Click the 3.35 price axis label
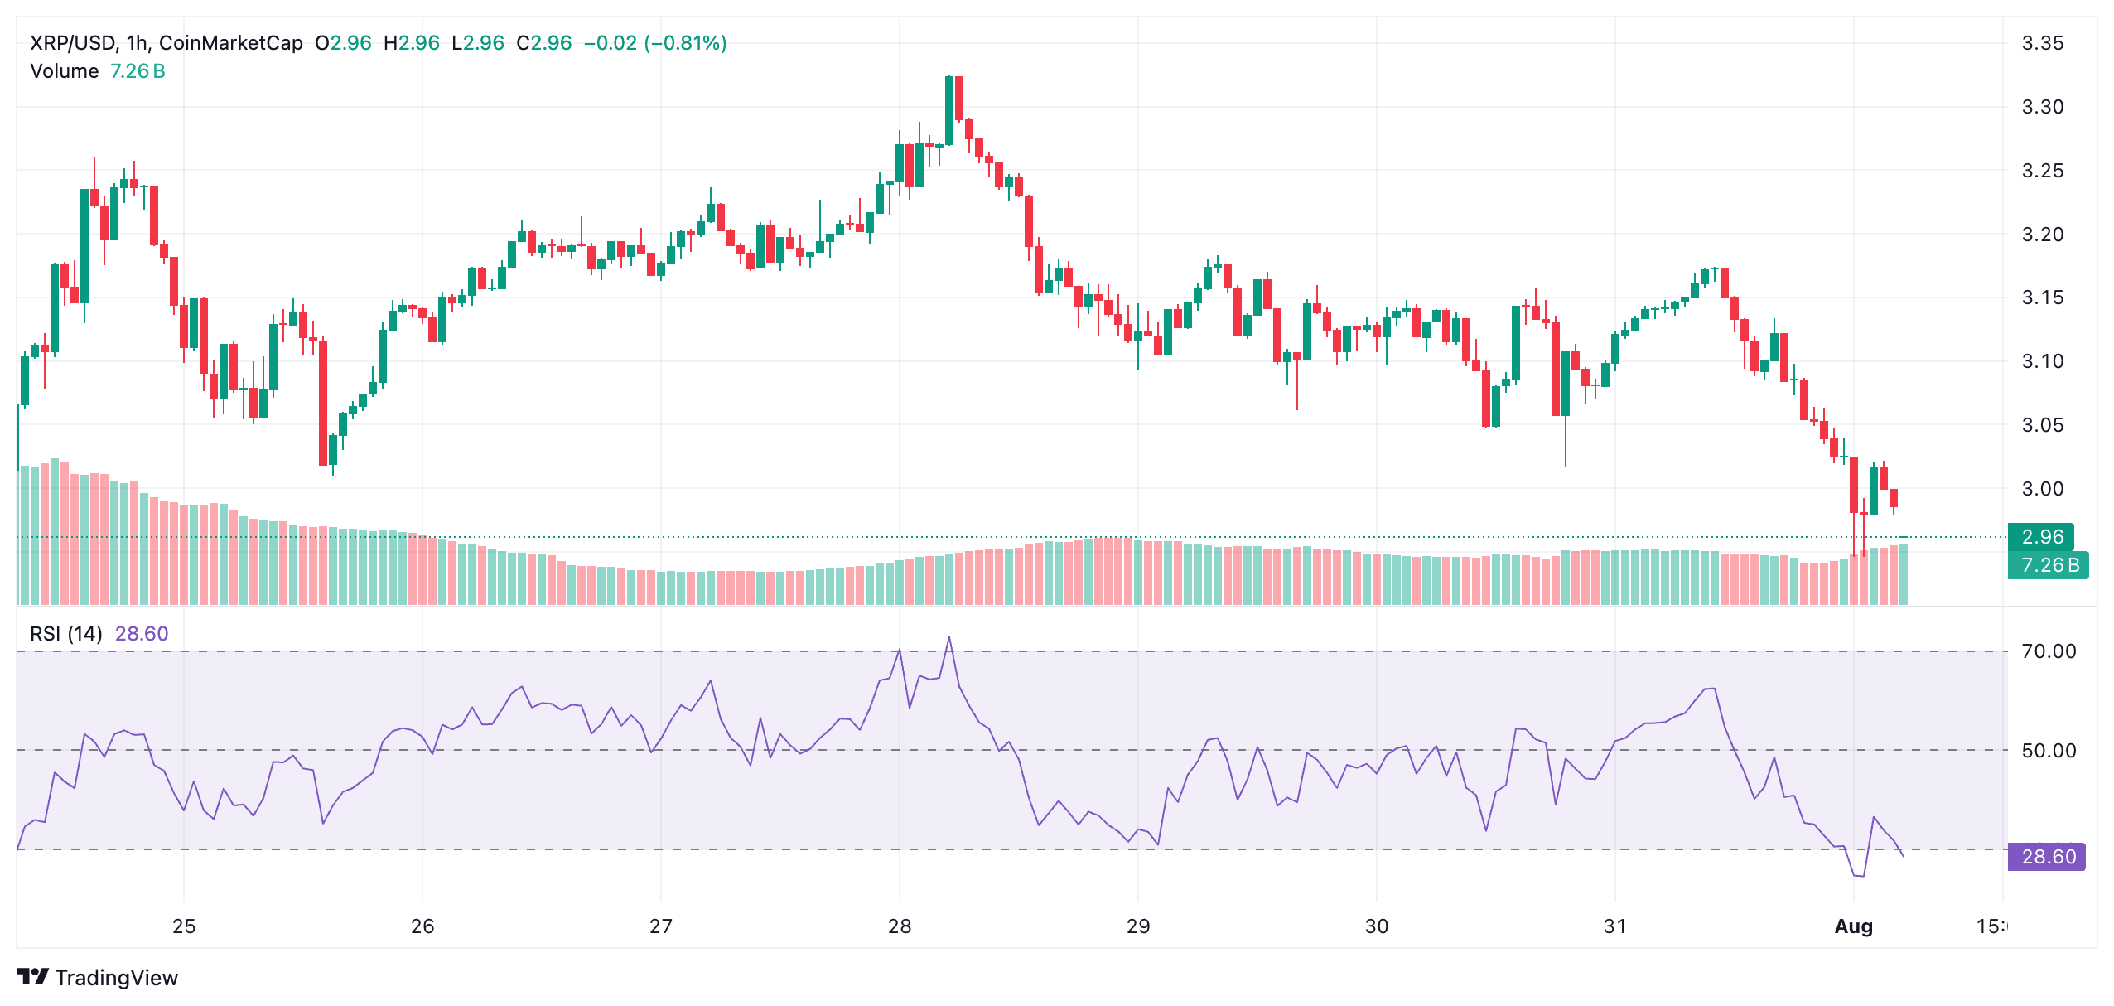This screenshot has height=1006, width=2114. tap(2042, 43)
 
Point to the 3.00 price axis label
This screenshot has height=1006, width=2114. tap(2042, 489)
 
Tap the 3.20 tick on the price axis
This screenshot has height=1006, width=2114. tap(2042, 235)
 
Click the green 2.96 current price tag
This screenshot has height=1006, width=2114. tap(2041, 537)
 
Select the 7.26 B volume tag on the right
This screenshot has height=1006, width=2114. tap(2049, 565)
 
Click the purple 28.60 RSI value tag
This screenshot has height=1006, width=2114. tap(2048, 856)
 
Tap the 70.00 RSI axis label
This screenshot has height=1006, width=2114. tap(2048, 651)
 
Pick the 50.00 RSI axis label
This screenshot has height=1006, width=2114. tap(2048, 751)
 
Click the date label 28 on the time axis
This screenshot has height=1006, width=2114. tap(900, 926)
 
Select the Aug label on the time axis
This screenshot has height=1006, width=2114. tap(1853, 926)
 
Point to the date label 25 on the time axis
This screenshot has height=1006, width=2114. tap(184, 926)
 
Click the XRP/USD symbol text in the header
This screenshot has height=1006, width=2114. tap(74, 43)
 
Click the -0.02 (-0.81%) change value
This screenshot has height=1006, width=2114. tap(654, 43)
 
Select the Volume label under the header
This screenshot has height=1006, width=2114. tap(64, 71)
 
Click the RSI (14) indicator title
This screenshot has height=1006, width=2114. tap(66, 634)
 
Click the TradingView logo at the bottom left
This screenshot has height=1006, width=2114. tap(98, 978)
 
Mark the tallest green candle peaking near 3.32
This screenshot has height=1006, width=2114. tap(949, 109)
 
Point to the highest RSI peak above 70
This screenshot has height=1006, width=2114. tap(949, 638)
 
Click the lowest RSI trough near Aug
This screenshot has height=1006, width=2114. tap(1858, 875)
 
